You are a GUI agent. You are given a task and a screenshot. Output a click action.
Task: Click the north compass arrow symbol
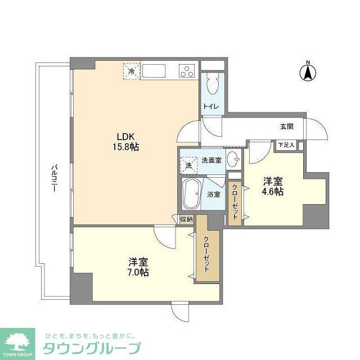point(308,73)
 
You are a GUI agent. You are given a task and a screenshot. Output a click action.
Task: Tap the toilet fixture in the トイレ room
point(212,85)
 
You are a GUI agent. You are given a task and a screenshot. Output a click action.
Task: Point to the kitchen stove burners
point(187,71)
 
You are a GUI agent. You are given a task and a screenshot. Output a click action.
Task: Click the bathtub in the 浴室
point(190,195)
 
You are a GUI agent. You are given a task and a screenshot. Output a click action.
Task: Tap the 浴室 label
point(213,195)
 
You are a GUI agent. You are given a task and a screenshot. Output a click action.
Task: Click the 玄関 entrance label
point(286,127)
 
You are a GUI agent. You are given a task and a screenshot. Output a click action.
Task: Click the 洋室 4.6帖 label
point(274,186)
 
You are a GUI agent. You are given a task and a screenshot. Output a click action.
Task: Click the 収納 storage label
point(187,219)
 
